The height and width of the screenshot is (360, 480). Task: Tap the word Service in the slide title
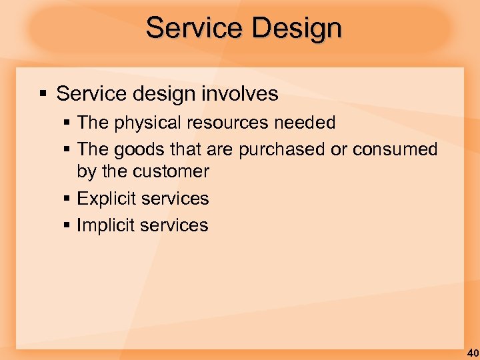click(189, 29)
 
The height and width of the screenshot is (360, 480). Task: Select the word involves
click(243, 94)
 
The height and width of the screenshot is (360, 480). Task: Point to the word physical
click(144, 123)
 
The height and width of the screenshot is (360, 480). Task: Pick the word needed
click(308, 123)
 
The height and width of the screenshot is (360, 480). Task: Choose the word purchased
click(282, 149)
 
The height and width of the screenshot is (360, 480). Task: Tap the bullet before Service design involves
click(42, 94)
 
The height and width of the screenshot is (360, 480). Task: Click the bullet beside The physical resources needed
click(68, 123)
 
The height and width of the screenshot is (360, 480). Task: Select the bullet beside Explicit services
click(68, 199)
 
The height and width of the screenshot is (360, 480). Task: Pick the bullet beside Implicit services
click(68, 225)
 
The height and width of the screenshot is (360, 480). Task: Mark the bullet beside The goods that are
click(68, 149)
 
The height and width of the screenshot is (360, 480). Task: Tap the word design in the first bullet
click(153, 94)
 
